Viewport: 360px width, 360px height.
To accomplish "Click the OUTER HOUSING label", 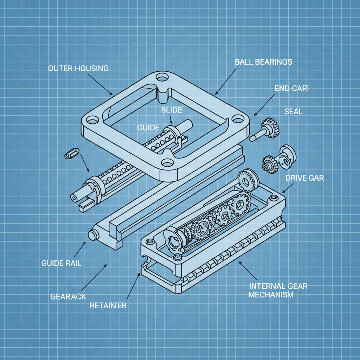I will (x=78, y=68).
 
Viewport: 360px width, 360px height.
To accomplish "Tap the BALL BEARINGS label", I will (x=263, y=62).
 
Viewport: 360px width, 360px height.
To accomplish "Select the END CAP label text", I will (x=291, y=88).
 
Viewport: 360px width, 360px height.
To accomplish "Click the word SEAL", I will (x=293, y=111).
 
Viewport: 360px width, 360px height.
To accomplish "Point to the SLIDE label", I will (x=172, y=110).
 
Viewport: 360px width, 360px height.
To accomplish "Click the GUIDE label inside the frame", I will (x=148, y=128).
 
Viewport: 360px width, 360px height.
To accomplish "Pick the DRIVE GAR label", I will (x=304, y=178).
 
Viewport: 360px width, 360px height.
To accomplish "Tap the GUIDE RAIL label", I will (x=61, y=263).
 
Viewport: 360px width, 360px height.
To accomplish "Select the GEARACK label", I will (x=68, y=296).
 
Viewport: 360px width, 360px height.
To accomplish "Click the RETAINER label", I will (x=108, y=306).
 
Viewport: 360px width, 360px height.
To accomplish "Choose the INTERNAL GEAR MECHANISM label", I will (x=278, y=290).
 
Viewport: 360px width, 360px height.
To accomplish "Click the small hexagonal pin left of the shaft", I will (x=71, y=154).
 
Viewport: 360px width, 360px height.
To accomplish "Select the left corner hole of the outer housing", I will (x=92, y=121).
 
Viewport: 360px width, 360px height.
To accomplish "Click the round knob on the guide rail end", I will (x=93, y=235).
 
